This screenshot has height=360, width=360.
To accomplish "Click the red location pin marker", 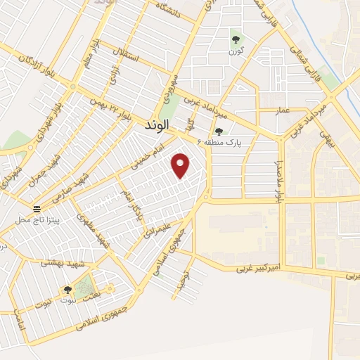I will click(x=181, y=165).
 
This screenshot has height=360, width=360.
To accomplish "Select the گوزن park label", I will click(x=236, y=51).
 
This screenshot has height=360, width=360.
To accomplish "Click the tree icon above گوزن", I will click(x=236, y=39).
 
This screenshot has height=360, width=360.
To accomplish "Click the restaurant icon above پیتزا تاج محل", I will click(x=37, y=209).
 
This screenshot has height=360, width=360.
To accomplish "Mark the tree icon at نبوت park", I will click(x=67, y=289).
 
